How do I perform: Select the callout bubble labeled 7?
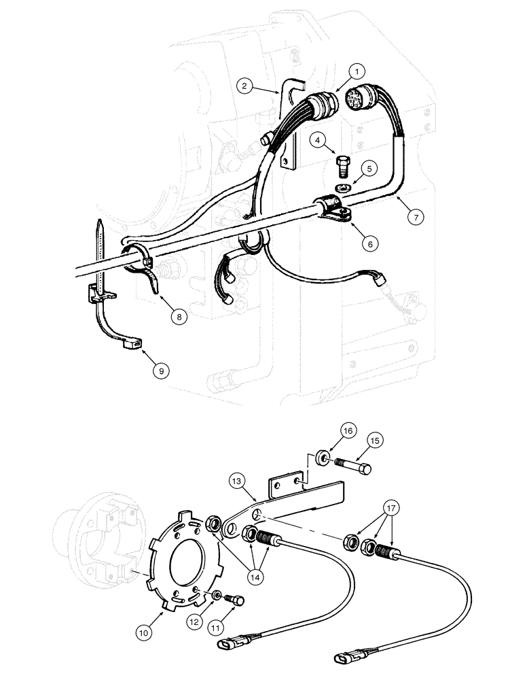tap(416, 217)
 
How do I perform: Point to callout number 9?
tap(161, 371)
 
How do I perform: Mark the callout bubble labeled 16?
tap(347, 431)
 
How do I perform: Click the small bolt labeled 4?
tap(343, 164)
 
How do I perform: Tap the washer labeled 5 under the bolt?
tap(342, 187)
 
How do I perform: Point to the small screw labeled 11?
tap(237, 599)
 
